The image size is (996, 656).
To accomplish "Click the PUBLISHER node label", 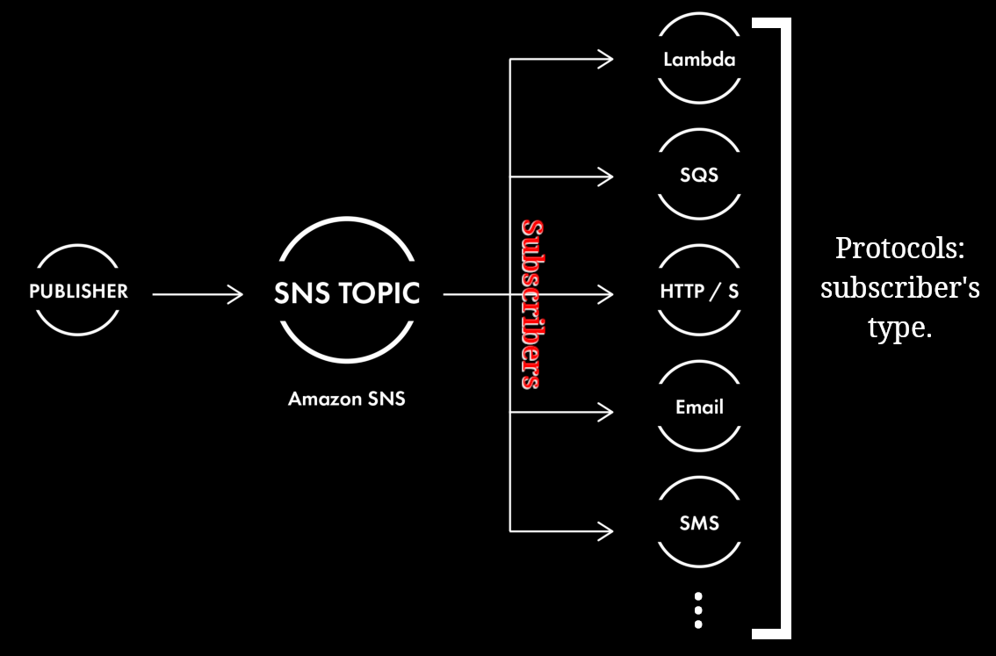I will pos(78,291).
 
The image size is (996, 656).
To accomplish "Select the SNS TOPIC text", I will pos(347,293).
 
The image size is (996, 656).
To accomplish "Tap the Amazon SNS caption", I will pos(347,399).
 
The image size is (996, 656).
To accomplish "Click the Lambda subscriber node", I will pos(699,60).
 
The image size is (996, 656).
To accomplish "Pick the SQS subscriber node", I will pos(699,175).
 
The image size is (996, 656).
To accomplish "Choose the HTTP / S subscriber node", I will pos(699,291).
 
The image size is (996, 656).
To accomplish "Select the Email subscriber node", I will pos(699,407).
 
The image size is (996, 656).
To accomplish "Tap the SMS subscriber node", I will pos(699,523).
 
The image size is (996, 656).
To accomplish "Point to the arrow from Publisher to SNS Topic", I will pos(198,294).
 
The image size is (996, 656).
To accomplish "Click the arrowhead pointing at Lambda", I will pos(605,60).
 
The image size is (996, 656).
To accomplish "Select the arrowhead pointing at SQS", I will pos(605,177).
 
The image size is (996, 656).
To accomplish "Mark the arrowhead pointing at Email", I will pos(605,411).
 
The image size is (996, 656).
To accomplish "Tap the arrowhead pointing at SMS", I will pos(605,530).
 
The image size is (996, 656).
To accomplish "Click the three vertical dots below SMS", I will pos(698,609).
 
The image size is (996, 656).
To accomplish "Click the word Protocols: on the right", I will pos(899,249).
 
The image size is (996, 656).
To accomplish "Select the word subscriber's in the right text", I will pos(899,288).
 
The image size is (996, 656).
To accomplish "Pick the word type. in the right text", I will pos(899,328).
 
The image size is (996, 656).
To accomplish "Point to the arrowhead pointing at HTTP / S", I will pos(605,294).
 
